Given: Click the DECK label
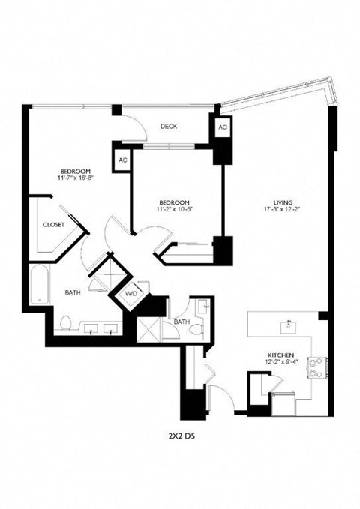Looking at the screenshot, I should coord(167,127).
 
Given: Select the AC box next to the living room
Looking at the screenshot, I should coord(223,128).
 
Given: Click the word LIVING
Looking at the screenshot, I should coord(283,202).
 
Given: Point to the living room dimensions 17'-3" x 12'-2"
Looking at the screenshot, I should coord(283,210).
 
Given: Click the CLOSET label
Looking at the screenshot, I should coord(53,224).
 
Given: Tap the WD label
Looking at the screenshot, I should coord(131,293).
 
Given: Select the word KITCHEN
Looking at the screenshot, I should coord(281,355).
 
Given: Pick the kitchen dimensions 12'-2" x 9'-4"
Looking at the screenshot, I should coord(281,363).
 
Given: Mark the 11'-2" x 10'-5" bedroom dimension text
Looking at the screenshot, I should coord(173,208).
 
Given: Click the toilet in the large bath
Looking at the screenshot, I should coord(65,323).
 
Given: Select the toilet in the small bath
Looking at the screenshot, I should coord(203,307).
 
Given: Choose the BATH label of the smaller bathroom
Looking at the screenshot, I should coord(182,322).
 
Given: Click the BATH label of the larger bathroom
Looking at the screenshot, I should coord(73,292).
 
